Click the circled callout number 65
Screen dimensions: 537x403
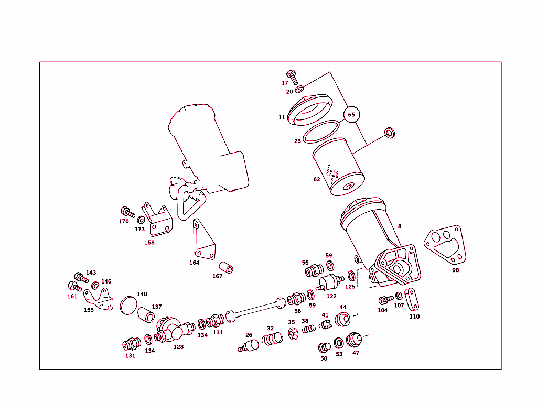tap(351, 115)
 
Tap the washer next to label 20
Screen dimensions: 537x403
tap(299, 89)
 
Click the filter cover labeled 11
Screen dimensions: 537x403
tap(309, 110)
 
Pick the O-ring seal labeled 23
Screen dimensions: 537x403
tap(321, 132)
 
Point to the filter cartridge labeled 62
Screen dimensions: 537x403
tap(338, 167)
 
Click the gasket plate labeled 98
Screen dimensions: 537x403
tap(445, 245)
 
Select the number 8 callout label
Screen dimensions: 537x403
tap(399, 226)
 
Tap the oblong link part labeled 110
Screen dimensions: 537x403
tap(411, 299)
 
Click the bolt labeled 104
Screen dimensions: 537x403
tap(386, 300)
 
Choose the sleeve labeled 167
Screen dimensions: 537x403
tap(226, 267)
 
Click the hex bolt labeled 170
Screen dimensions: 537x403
tap(128, 212)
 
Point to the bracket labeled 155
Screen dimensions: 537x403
tap(99, 300)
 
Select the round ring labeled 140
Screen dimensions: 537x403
tap(128, 306)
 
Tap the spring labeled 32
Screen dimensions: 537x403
tap(272, 339)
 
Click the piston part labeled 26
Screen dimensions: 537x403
tap(249, 345)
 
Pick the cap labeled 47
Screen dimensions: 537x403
tap(354, 340)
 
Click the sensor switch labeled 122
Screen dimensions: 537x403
tap(329, 282)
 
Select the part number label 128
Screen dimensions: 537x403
tap(178, 347)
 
